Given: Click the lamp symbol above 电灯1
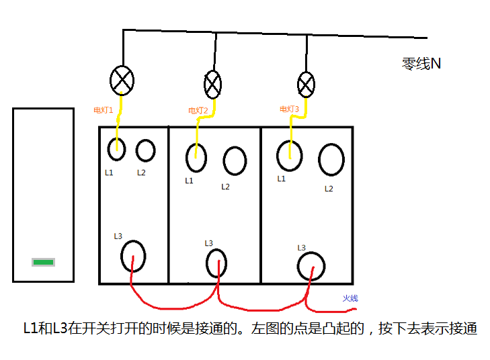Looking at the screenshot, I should [122, 81].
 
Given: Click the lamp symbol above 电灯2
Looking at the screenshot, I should [212, 85].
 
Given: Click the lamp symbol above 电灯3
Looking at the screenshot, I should [306, 85].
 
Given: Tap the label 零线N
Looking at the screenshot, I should [421, 64].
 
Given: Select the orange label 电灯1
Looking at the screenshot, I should [104, 109].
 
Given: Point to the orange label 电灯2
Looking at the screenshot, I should [198, 111].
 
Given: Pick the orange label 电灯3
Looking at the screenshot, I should [289, 109].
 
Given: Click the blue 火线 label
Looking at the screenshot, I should [350, 298].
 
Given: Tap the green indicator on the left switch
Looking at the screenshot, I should [44, 262].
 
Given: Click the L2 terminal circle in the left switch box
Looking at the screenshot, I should [145, 150].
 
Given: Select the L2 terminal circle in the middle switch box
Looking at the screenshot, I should [235, 161].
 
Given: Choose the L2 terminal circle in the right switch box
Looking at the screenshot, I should [331, 160].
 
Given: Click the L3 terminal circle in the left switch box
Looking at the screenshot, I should [133, 255].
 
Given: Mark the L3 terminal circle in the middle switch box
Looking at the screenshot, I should [216, 263].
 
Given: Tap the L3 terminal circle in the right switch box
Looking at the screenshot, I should [311, 267].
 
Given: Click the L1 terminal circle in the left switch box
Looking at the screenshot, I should [116, 149].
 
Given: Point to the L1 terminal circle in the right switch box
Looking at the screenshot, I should [289, 156].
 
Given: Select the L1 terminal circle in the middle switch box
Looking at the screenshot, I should [196, 158].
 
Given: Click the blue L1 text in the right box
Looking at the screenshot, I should [281, 179].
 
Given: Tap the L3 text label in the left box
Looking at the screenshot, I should [118, 236].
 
